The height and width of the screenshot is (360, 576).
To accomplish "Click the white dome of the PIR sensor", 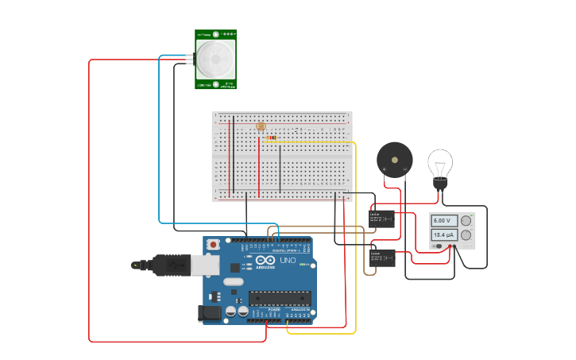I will (x=215, y=59).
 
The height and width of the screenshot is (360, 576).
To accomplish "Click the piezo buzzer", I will (x=394, y=159).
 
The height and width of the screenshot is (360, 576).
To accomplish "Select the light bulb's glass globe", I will (x=439, y=163).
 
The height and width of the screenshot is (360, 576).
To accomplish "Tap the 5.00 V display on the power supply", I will (x=443, y=220).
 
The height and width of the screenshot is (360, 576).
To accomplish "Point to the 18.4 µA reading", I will (x=443, y=235).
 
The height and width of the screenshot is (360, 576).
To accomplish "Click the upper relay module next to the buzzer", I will (x=381, y=218).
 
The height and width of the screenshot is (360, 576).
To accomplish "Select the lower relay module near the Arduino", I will (x=382, y=257).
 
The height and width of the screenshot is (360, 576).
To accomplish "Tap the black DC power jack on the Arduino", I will (x=211, y=313).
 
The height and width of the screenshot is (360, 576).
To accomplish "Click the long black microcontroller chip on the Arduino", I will (x=279, y=297).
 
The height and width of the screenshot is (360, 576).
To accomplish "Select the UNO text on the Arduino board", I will (x=287, y=260).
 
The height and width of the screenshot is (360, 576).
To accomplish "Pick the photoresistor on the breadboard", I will (x=260, y=126).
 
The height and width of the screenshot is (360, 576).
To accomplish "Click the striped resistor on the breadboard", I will (x=272, y=137).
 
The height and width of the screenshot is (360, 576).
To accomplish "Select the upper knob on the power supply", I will (x=466, y=220).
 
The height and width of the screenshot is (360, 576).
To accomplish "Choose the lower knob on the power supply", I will (x=466, y=235).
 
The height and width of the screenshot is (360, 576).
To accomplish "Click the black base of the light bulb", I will (x=439, y=184).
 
